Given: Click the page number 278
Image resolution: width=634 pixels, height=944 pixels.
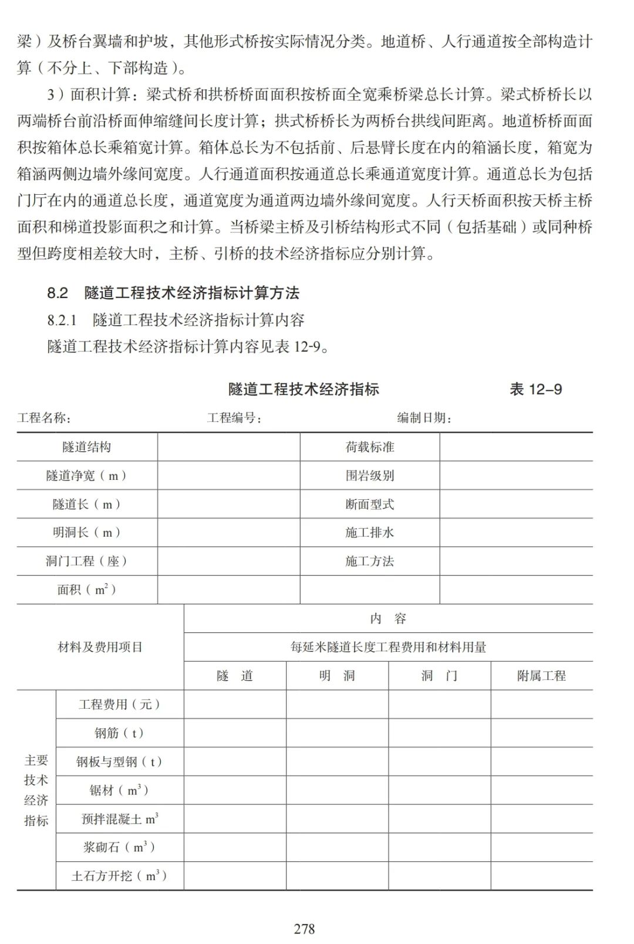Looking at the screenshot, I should [304, 929].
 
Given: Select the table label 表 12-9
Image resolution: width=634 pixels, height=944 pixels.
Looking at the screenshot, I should [535, 389].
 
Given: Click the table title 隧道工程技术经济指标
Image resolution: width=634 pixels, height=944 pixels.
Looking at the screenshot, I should [303, 389].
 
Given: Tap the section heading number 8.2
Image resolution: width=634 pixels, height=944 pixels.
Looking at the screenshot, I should [58, 293].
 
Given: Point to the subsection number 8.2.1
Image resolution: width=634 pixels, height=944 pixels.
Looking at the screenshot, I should [62, 320].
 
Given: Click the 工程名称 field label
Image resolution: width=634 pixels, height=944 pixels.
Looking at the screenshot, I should [44, 418].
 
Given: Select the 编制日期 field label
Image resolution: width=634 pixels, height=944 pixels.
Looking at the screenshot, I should [424, 418].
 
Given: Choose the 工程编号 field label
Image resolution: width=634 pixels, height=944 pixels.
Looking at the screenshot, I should [234, 418].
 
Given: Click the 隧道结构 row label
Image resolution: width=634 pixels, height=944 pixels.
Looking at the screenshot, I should [87, 447].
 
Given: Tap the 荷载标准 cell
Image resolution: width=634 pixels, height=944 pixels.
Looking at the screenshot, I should [369, 447].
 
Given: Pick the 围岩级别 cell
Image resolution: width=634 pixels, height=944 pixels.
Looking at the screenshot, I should [369, 475].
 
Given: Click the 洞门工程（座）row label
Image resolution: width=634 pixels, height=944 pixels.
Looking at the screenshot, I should [87, 561].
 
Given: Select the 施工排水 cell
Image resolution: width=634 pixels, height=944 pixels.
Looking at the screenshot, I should [369, 533].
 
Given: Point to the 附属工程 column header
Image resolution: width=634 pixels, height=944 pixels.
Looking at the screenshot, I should [541, 676].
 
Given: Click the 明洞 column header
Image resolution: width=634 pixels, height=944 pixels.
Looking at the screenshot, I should [337, 676].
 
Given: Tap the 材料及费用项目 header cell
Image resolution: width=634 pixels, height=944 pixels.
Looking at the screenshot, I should [100, 647].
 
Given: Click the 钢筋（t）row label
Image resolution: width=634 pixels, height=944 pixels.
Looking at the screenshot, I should [119, 733].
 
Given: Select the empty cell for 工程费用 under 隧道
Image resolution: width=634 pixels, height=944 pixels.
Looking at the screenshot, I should [235, 704].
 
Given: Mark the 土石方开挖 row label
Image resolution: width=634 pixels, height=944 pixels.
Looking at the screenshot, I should [119, 876].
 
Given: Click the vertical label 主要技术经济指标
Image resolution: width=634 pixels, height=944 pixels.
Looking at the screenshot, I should [36, 790].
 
